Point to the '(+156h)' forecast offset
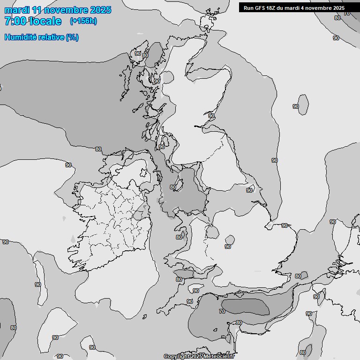pos(83,21)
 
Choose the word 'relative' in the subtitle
pos(50,37)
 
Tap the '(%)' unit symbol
pos(72,37)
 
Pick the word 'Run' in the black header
pos(248,7)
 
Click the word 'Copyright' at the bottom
pos(177,357)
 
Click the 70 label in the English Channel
pos(222,311)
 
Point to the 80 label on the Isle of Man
pos(173,187)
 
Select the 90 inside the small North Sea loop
pos(296,106)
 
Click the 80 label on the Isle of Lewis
pos(145,55)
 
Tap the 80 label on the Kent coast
pos(298,276)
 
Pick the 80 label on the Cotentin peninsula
pos(239,322)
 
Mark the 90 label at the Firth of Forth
pos(211,115)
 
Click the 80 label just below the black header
pos(337,18)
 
